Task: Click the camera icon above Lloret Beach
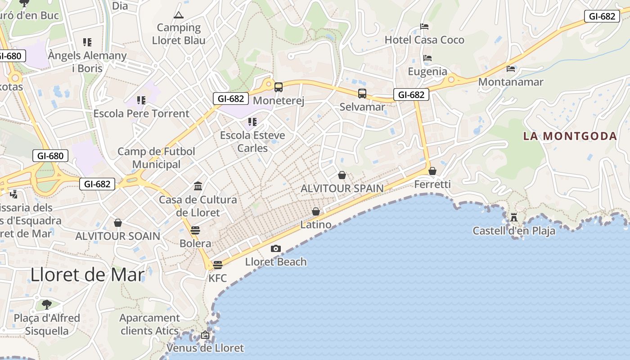[x=276, y=248]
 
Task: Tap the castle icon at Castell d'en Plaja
[x=513, y=218]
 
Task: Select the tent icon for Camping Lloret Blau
[x=179, y=15]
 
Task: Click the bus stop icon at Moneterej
[x=279, y=87]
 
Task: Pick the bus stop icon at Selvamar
[x=362, y=94]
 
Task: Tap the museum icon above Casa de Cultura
[x=198, y=186]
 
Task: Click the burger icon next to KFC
[x=218, y=265]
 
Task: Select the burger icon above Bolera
[x=195, y=230]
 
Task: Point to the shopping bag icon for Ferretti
[x=432, y=171]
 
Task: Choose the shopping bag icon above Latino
[x=316, y=211]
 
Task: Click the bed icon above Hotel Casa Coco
[x=424, y=27]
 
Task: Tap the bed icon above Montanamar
[x=511, y=69]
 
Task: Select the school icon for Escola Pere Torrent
[x=141, y=100]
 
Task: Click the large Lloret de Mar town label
[x=88, y=274]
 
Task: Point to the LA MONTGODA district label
[x=570, y=136]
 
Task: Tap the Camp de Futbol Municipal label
[x=156, y=158]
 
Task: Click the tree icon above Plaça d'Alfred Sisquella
[x=47, y=305]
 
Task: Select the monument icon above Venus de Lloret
[x=205, y=335]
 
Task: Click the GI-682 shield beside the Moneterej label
[x=231, y=99]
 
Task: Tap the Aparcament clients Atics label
[x=149, y=324]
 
